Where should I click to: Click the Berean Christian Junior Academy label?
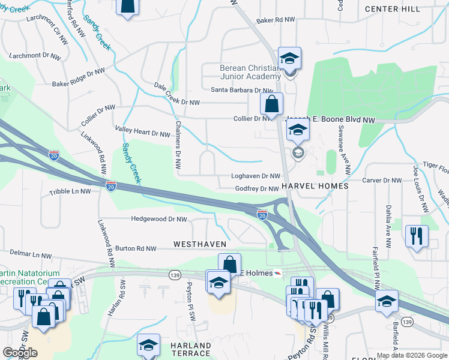(x=250, y=72)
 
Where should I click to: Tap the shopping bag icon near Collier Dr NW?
(x=271, y=103)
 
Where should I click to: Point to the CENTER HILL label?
(x=392, y=9)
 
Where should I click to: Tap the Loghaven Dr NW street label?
(x=256, y=176)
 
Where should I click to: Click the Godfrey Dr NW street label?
(x=256, y=189)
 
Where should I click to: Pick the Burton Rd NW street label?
(x=136, y=248)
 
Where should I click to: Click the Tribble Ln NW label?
(x=70, y=192)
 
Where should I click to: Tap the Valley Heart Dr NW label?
(x=142, y=133)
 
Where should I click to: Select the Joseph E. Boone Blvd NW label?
(x=331, y=120)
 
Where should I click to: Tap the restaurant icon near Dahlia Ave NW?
(x=416, y=236)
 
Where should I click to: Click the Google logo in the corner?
(x=20, y=353)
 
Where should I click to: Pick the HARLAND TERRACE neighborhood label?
(x=190, y=349)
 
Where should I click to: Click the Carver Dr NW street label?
(x=382, y=181)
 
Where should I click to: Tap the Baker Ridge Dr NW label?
(x=79, y=77)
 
